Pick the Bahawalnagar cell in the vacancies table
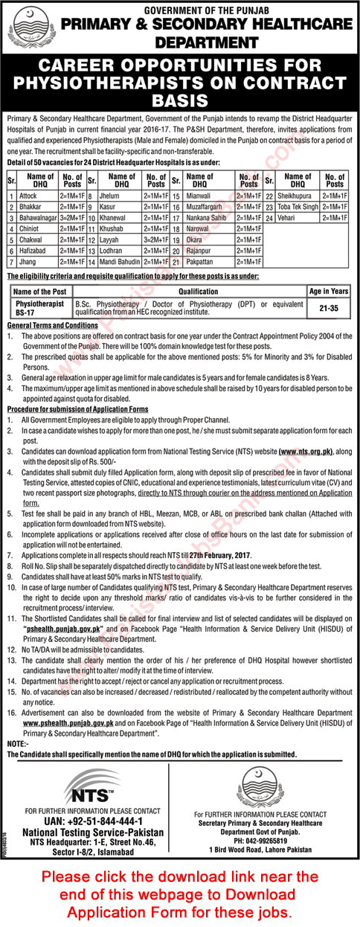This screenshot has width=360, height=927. coord(40,219)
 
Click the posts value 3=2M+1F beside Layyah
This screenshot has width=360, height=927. coord(155,241)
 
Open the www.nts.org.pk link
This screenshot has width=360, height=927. coord(306,451)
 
